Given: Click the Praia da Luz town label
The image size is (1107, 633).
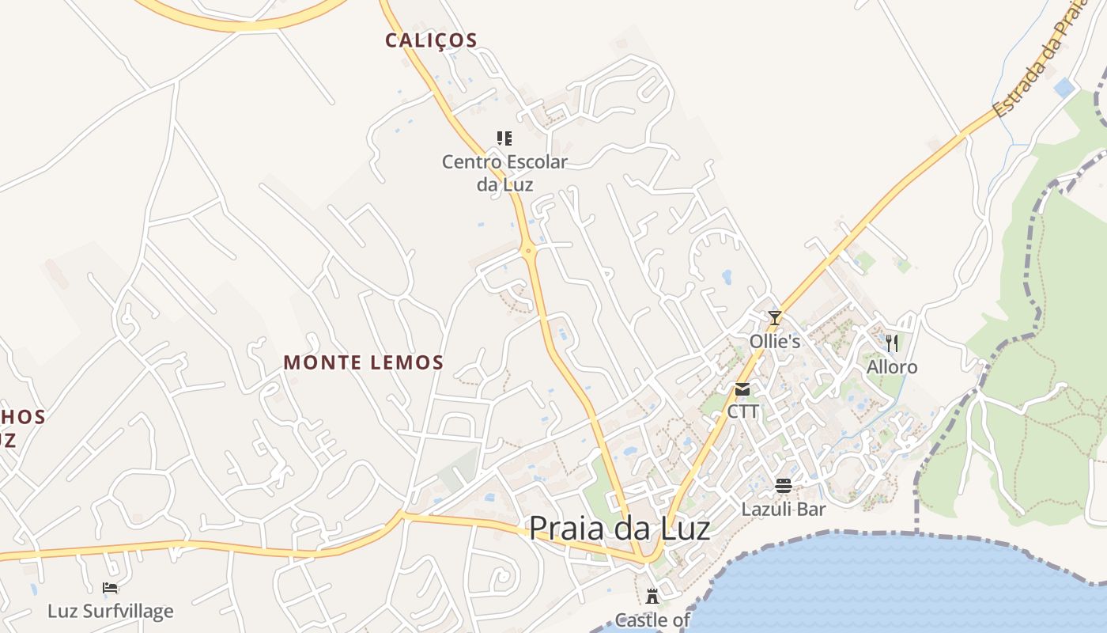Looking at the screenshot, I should click(619, 529).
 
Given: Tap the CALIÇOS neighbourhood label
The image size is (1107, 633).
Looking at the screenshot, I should click(431, 40).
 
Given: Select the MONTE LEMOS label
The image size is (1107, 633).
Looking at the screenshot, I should click(364, 363).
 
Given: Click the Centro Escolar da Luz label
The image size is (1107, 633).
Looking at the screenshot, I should click(504, 173).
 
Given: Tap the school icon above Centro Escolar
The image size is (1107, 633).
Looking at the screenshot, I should click(504, 138).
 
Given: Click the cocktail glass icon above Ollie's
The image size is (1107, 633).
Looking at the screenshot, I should click(775, 318).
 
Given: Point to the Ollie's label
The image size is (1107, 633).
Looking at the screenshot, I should click(775, 342).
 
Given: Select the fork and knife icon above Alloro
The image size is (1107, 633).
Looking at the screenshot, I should click(892, 343).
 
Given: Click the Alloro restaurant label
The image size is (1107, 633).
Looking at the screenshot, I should click(892, 367).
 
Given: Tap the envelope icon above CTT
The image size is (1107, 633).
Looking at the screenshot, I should click(742, 389).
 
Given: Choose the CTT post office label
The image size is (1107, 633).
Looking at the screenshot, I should click(742, 411).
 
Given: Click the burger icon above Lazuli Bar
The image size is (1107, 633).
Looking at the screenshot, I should click(784, 486).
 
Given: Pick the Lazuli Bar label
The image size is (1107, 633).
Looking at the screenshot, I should click(783, 510).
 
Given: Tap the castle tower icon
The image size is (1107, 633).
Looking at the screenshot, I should click(652, 597).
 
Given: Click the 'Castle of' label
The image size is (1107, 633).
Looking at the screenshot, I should click(652, 620).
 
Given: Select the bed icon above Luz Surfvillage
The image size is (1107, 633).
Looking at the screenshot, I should click(110, 588).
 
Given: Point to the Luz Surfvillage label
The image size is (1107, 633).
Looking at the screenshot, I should click(110, 611).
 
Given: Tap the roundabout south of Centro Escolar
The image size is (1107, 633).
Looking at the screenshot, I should click(529, 251).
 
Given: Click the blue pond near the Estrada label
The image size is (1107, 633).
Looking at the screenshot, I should click(1064, 87).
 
